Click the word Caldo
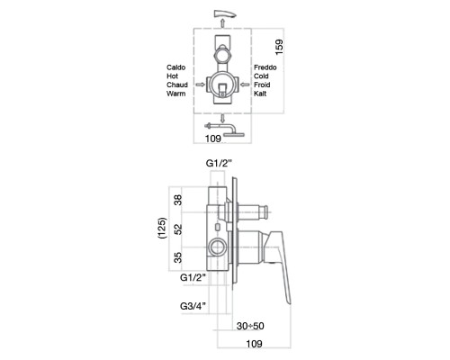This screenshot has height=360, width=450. (177, 67)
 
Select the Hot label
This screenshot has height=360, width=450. (173, 77)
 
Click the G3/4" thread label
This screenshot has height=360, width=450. (193, 308)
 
